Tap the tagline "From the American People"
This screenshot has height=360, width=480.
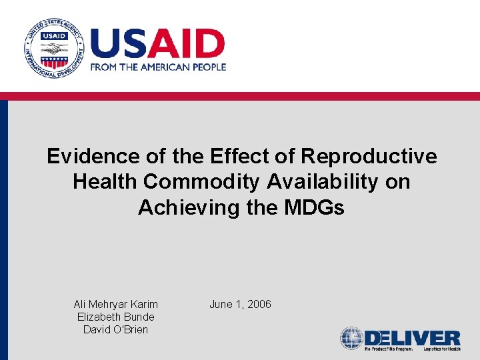[x=157, y=67]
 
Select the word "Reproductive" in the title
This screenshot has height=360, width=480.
[x=369, y=157]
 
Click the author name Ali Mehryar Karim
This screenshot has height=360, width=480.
[x=116, y=305]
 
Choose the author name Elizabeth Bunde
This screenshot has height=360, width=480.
[x=116, y=317]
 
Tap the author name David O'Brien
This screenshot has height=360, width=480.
[x=116, y=330]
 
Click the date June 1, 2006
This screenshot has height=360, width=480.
[x=240, y=305]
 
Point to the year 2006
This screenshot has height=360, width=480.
[x=259, y=305]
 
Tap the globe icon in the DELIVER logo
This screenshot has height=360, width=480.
[x=351, y=338]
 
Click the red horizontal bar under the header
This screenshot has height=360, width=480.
[x=240, y=96]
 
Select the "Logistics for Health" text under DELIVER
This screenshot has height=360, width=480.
[x=439, y=349]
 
